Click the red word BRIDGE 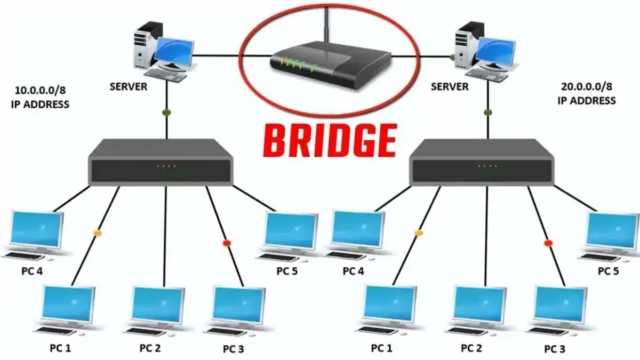(x=330, y=141)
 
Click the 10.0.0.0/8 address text (x=39, y=90)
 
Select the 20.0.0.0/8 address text (x=587, y=86)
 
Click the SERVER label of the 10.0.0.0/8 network (x=129, y=86)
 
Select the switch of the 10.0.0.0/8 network (x=161, y=162)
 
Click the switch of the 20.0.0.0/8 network (x=482, y=162)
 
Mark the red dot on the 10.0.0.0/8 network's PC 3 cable (x=227, y=243)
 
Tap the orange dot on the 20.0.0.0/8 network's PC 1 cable (x=419, y=233)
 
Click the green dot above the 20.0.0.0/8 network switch (x=488, y=113)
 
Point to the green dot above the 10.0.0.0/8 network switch (x=166, y=113)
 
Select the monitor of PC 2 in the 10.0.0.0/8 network (x=158, y=305)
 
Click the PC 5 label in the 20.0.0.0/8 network (x=609, y=271)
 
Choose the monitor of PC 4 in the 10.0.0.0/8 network (x=36, y=230)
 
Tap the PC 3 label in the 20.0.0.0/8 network (x=555, y=349)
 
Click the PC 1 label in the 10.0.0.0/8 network (x=60, y=348)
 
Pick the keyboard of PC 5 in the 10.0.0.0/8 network (x=278, y=257)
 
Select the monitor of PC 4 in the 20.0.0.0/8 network (x=358, y=230)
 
